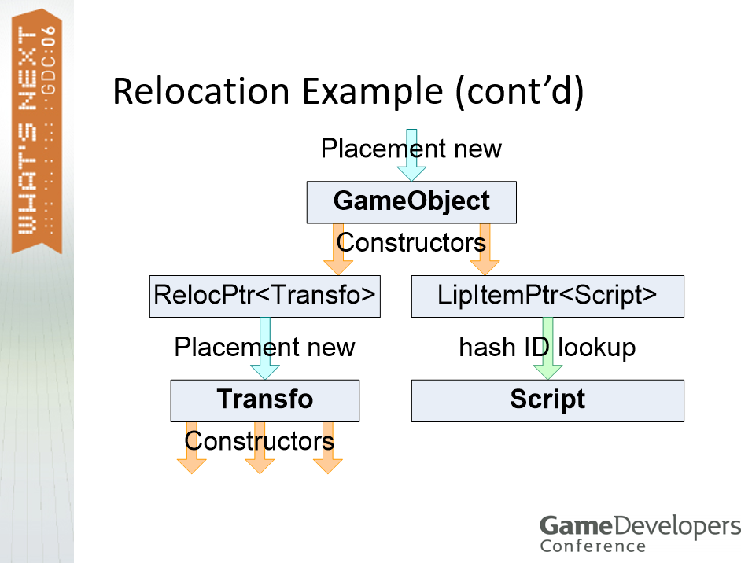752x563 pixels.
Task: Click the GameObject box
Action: point(411,202)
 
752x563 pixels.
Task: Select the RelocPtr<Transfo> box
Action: point(264,296)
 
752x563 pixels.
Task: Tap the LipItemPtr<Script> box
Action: point(547,296)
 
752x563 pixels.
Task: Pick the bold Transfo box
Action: point(264,400)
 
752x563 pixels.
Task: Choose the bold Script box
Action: point(547,400)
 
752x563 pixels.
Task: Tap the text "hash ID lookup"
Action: point(547,347)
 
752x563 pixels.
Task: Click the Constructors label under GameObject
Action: point(411,242)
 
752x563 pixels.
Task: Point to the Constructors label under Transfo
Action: point(260,441)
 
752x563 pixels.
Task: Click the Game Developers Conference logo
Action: point(640,533)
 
